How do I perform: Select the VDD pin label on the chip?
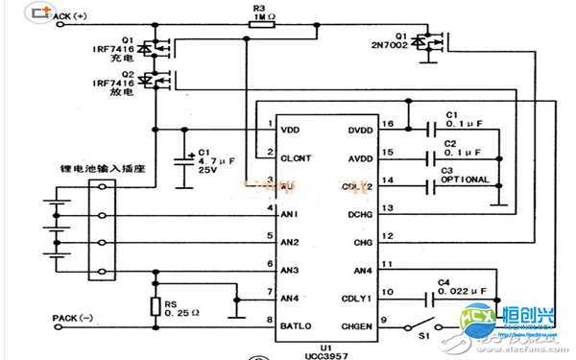(291, 127)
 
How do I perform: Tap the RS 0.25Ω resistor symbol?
(155, 307)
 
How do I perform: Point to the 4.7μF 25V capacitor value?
(217, 164)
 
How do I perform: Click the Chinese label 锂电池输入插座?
(77, 169)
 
